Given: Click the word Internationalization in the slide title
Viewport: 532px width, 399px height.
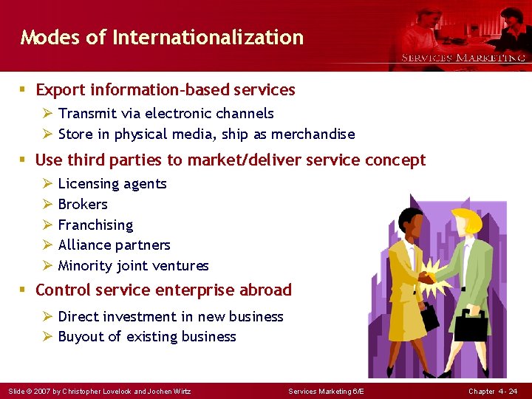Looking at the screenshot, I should [x=208, y=37].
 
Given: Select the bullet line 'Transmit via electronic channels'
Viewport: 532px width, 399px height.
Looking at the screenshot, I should [x=166, y=114].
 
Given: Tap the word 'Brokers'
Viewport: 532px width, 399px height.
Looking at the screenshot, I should [x=83, y=205].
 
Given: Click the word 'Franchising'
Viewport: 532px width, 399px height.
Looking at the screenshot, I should [x=95, y=225].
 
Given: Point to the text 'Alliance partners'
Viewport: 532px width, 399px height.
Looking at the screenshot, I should [x=114, y=245].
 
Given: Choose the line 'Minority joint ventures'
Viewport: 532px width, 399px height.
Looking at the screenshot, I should [x=133, y=266].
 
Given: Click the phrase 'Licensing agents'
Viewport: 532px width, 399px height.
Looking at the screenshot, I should [x=112, y=184].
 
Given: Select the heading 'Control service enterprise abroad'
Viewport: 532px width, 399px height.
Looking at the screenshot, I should [x=163, y=290].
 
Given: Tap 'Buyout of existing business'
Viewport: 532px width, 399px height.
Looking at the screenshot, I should [x=147, y=337].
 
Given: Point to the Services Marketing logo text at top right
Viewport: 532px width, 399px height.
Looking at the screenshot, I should [x=463, y=58].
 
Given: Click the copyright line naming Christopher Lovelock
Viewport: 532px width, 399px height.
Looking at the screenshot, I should [x=98, y=391].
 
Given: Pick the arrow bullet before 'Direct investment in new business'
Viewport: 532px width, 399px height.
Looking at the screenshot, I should [x=47, y=317].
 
